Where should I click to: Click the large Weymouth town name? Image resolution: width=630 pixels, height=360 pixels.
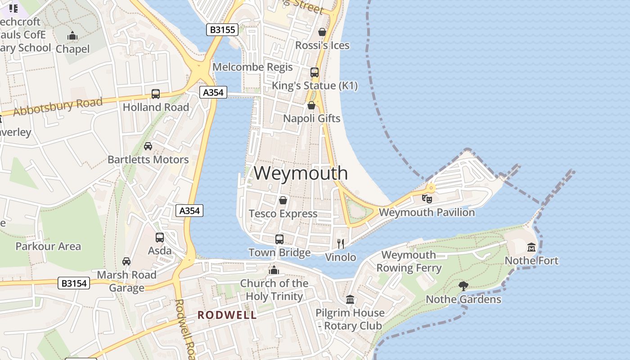301,173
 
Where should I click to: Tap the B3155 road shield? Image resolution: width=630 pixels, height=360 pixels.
222,30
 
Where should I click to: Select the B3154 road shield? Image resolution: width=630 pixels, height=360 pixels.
74,283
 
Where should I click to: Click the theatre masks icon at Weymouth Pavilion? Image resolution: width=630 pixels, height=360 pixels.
427,198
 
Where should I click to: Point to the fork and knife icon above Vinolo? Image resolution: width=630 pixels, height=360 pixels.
341,244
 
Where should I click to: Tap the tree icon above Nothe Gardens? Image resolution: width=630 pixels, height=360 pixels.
463,286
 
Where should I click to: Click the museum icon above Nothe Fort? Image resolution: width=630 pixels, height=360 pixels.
531,247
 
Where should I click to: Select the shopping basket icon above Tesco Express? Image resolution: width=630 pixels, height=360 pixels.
283,200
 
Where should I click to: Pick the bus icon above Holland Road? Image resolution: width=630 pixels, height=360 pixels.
156,94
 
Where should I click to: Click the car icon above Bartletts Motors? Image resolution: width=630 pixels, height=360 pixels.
148,146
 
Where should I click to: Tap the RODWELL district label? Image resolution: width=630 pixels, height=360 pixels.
227,315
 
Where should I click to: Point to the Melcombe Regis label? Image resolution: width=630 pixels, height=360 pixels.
252,67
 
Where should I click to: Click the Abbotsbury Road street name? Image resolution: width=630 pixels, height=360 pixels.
58,107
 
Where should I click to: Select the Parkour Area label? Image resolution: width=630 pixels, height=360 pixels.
48,246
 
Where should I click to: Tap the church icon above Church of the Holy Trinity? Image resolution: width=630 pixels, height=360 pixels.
274,270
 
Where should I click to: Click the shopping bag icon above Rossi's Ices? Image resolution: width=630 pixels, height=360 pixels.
322,32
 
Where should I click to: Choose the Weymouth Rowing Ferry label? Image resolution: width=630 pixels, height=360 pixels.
409,261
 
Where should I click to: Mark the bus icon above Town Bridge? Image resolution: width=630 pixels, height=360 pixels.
279,239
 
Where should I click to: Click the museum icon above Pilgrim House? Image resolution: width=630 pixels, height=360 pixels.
350,299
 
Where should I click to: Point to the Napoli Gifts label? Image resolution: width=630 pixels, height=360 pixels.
311,118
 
